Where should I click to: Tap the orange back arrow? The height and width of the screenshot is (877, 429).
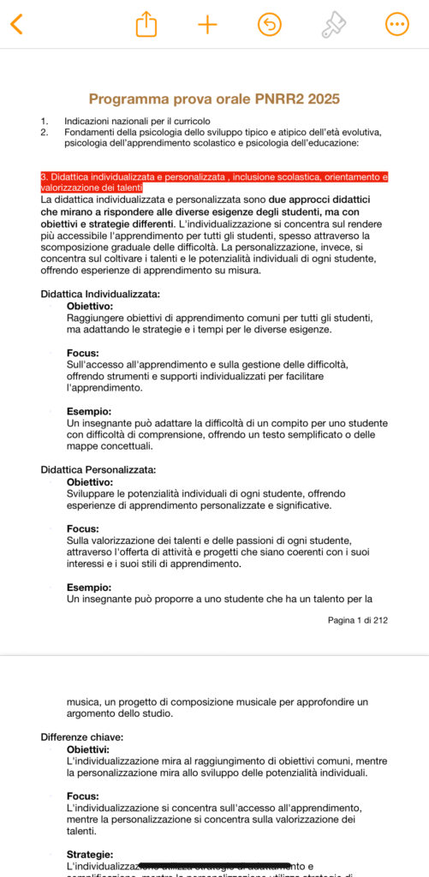(16, 24)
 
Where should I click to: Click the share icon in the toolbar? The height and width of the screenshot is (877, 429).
(146, 24)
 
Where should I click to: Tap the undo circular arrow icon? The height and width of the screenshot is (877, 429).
(269, 24)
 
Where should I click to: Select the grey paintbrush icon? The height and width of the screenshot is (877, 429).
(333, 25)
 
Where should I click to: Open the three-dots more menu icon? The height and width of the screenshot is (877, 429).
(396, 24)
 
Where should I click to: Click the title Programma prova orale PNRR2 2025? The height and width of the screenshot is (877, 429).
(214, 99)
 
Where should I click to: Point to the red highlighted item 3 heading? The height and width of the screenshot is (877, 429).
(214, 182)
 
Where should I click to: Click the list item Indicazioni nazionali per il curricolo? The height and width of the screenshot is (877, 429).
(137, 121)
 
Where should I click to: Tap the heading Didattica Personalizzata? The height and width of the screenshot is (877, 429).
(98, 469)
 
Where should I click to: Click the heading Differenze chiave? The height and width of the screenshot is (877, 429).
(82, 737)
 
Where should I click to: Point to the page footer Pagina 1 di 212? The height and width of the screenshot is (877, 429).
(357, 620)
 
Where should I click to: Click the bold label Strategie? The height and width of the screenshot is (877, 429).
(90, 854)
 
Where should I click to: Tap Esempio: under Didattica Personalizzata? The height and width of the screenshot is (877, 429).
(89, 587)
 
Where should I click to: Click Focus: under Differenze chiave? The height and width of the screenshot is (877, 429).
(83, 796)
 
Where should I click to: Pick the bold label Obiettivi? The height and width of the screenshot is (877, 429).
(88, 749)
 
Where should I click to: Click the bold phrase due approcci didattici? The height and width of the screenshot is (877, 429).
(317, 200)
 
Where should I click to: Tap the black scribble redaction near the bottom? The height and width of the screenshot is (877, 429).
(215, 865)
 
